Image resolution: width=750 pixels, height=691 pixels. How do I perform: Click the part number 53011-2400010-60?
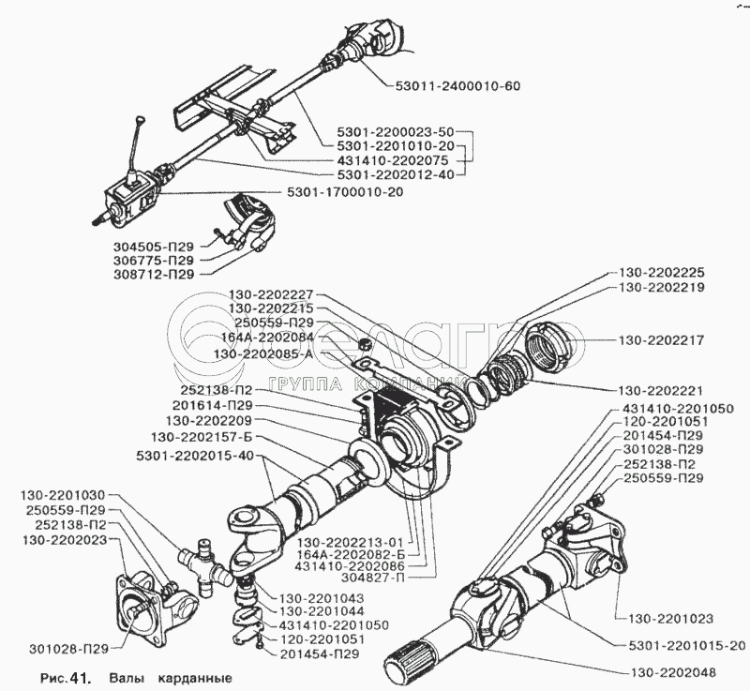pos(452,87)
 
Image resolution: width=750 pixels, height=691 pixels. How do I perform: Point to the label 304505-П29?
pos(147,246)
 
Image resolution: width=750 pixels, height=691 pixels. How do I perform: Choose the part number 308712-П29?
pos(147,275)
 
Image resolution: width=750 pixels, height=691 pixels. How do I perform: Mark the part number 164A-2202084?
pos(269,338)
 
